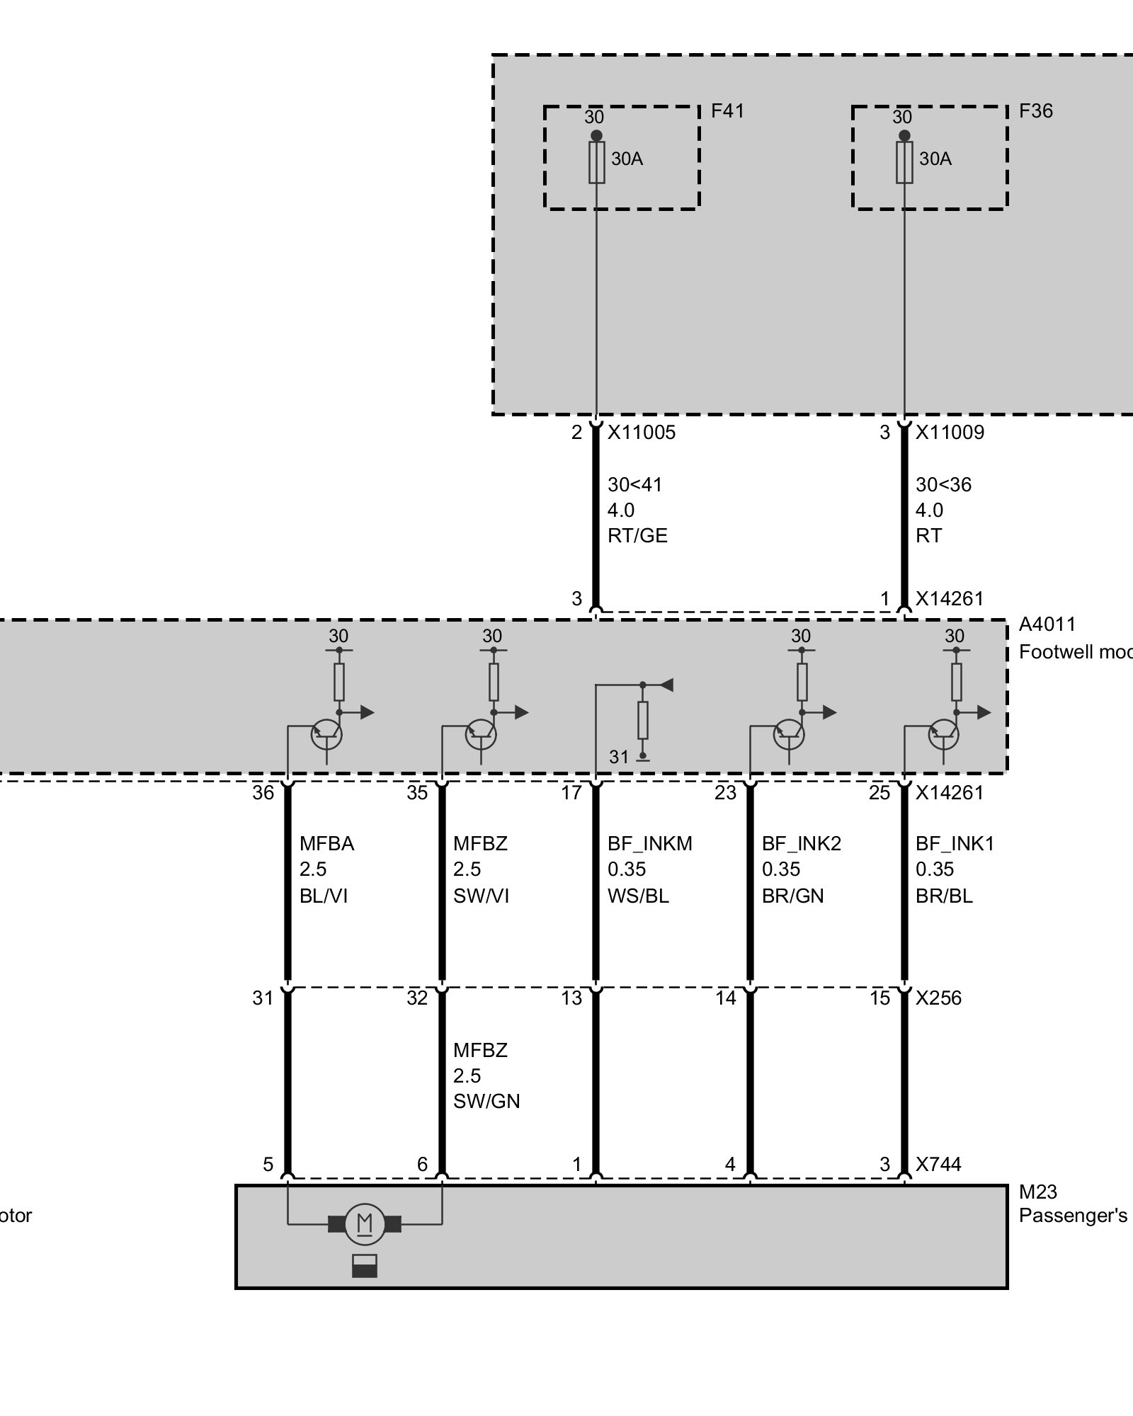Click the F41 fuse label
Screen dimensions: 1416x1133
pyautogui.click(x=727, y=111)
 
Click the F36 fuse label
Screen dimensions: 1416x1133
pyautogui.click(x=1035, y=111)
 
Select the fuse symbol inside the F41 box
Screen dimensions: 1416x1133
pyautogui.click(x=596, y=163)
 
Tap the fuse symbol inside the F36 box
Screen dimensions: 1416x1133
pyautogui.click(x=904, y=163)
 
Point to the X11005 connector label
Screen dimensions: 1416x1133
pyautogui.click(x=642, y=432)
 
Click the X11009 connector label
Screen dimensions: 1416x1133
pyautogui.click(x=950, y=432)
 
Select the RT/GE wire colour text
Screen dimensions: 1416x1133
pyautogui.click(x=637, y=536)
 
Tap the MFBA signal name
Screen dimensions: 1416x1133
pyautogui.click(x=326, y=844)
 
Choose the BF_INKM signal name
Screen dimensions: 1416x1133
pyautogui.click(x=649, y=844)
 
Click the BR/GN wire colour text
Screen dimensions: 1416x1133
pyautogui.click(x=792, y=896)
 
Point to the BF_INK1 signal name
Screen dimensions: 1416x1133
pyautogui.click(x=955, y=844)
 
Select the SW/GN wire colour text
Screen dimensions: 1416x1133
pyautogui.click(x=486, y=1102)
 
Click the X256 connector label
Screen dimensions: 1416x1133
pyautogui.click(x=938, y=998)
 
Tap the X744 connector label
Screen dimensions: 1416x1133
pyautogui.click(x=938, y=1164)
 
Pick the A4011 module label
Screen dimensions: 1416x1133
pyautogui.click(x=1047, y=624)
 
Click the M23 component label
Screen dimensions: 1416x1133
pyautogui.click(x=1037, y=1192)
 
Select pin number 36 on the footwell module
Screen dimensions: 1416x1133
pyautogui.click(x=263, y=793)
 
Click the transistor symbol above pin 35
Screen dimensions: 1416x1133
pyautogui.click(x=481, y=734)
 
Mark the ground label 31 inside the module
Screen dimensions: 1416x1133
pyautogui.click(x=618, y=757)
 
